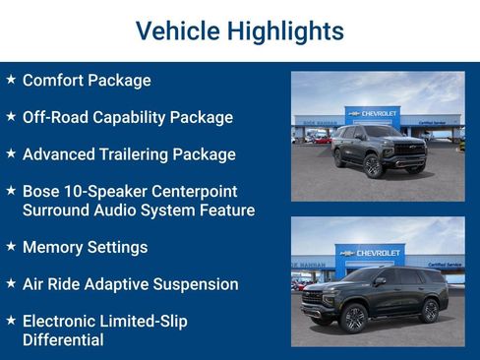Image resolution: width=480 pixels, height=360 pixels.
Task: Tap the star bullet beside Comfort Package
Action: (11, 80)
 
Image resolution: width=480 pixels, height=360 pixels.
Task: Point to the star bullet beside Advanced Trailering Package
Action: (11, 153)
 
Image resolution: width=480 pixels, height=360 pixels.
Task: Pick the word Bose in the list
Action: (42, 191)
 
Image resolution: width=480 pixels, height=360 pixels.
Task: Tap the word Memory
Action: (54, 247)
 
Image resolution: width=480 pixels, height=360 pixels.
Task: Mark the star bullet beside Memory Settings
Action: (11, 246)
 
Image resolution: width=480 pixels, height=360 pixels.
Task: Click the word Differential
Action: (63, 340)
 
